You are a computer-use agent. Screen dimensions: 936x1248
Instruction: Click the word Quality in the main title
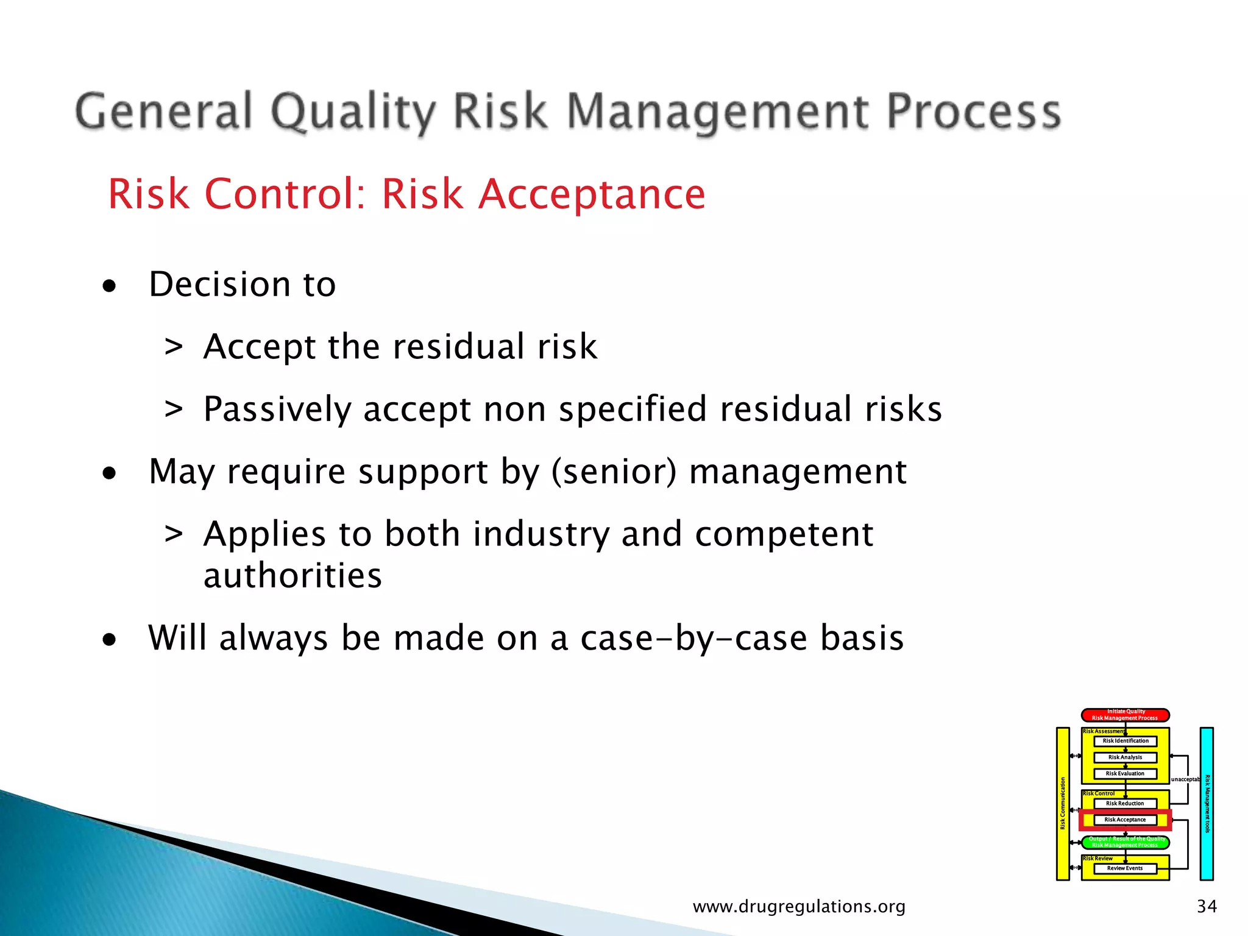[353, 113]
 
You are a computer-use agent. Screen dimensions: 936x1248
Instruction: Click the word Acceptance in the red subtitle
[591, 194]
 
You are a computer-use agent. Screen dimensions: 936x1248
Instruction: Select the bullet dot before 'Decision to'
[109, 286]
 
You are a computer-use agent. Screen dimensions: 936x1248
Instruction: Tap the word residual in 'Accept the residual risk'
[458, 347]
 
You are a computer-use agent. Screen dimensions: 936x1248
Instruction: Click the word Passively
[277, 409]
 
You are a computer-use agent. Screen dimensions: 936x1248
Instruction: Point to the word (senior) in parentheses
[614, 472]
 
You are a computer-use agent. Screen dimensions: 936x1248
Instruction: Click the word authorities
[292, 576]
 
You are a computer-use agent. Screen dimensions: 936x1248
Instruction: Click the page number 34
[1207, 906]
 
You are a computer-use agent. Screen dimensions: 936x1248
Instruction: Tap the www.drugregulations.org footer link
[799, 906]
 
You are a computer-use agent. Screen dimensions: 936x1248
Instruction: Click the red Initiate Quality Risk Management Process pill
[1125, 715]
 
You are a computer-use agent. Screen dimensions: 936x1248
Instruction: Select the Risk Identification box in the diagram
[1125, 741]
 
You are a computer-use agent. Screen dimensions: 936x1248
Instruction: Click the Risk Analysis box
[1125, 757]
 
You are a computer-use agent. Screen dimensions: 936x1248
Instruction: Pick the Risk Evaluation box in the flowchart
[1125, 774]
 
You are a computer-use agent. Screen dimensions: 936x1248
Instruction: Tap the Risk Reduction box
[1125, 804]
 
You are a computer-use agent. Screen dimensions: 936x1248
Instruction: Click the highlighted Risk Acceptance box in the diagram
[1125, 820]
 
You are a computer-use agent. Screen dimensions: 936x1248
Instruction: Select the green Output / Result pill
[1125, 842]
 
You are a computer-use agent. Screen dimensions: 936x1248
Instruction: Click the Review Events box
[1125, 868]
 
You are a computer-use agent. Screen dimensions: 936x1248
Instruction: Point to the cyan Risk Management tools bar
[1207, 804]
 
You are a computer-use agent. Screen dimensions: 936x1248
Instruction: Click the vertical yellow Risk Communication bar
[1063, 804]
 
